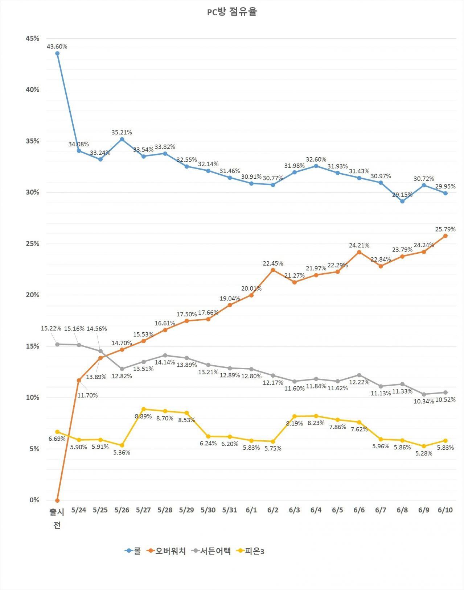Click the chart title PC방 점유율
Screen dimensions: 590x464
(x=232, y=12)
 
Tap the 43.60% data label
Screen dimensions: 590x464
(x=57, y=46)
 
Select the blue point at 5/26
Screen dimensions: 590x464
(x=122, y=139)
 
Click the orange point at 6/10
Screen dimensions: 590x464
(x=445, y=236)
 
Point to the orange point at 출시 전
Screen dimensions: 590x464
(x=57, y=500)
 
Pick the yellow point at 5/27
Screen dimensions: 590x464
(x=144, y=409)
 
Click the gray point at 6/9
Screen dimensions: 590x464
(x=424, y=394)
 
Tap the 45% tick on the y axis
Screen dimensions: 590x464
(x=33, y=38)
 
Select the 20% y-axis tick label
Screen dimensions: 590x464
(x=33, y=295)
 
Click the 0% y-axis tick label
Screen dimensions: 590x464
(x=34, y=500)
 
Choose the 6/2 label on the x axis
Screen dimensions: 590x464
(x=273, y=510)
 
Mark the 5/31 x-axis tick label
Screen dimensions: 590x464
(x=230, y=510)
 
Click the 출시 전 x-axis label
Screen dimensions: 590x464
(x=57, y=518)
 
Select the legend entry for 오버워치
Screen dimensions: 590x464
(x=167, y=551)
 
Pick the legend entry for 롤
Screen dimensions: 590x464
(x=133, y=551)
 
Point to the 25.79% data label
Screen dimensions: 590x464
(x=445, y=229)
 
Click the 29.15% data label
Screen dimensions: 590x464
(x=402, y=195)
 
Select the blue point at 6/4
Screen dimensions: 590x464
(x=316, y=166)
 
